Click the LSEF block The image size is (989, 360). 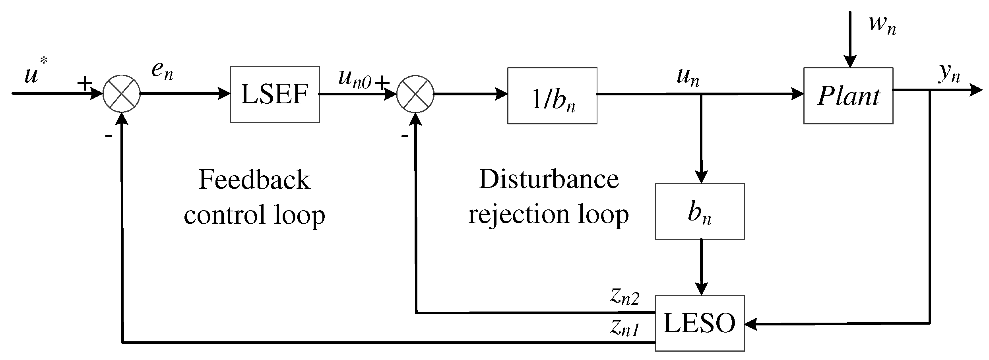[275, 95]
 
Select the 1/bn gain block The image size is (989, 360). [552, 96]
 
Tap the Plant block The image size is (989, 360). [848, 96]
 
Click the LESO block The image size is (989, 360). [699, 323]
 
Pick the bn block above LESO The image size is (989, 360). [699, 211]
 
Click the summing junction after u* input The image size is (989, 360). [122, 94]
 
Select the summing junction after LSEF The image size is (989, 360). [415, 94]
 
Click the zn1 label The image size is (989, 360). [624, 328]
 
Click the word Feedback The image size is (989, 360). [254, 180]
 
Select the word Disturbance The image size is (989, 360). [549, 179]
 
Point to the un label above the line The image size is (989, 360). [688, 76]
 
